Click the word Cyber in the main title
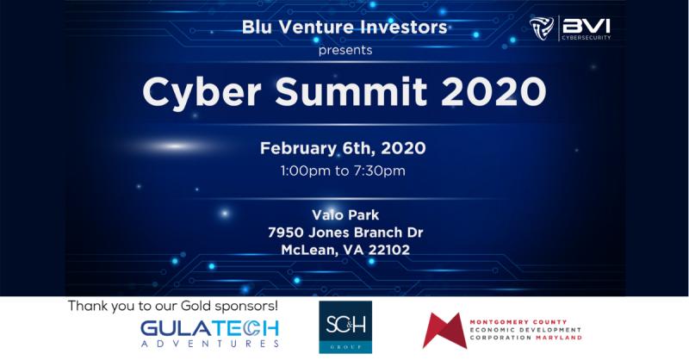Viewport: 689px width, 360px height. click(202, 93)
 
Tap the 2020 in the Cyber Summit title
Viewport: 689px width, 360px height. click(493, 91)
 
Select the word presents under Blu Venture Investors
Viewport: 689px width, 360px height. click(345, 51)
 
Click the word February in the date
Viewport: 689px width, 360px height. click(299, 149)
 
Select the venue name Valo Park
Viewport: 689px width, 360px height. click(345, 215)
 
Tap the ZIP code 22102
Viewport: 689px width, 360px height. click(389, 250)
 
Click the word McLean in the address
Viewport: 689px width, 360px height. click(309, 251)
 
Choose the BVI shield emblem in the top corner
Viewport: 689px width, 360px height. click(542, 28)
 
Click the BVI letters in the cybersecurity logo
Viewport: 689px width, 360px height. click(587, 26)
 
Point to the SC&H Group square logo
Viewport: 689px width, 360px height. click(345, 327)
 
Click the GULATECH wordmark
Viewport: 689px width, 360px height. click(209, 329)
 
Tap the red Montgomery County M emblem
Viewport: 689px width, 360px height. click(444, 331)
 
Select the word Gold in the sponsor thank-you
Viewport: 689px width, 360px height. click(196, 306)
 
